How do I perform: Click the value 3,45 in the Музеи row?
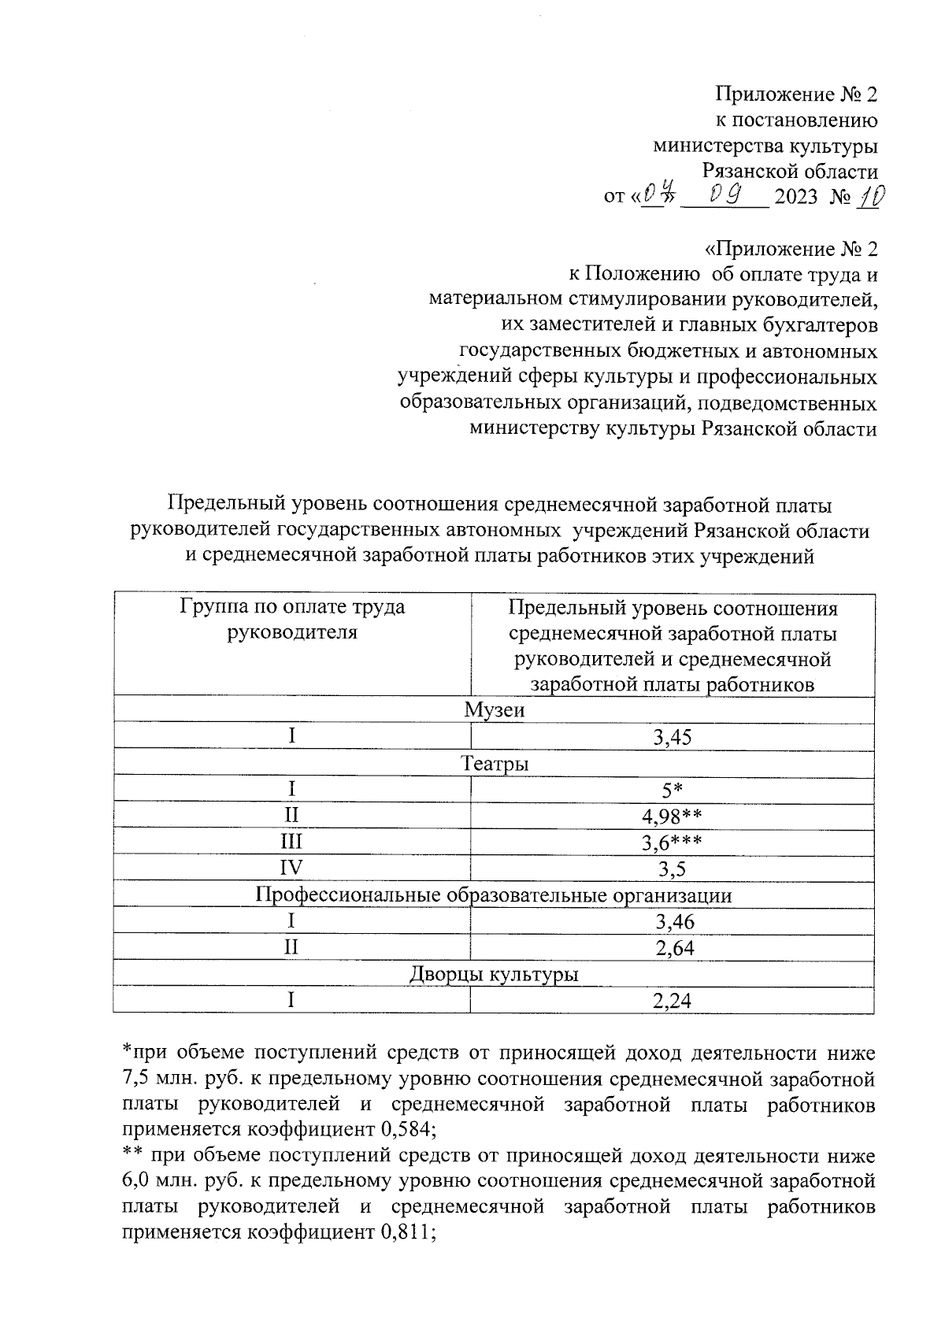click(x=672, y=738)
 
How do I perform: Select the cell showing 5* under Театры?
click(x=672, y=790)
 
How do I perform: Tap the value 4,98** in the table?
click(x=672, y=817)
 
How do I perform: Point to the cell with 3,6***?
click(x=672, y=843)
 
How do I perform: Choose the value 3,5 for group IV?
click(x=672, y=869)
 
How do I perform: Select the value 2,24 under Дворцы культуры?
click(x=672, y=1001)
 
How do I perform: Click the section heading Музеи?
click(x=494, y=710)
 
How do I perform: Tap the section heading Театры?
click(x=494, y=763)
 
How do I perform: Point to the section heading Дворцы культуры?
click(x=494, y=975)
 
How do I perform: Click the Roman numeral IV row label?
click(x=291, y=868)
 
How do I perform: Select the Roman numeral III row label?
click(x=291, y=843)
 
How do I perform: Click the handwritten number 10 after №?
click(x=869, y=194)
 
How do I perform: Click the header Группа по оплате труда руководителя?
click(x=292, y=620)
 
